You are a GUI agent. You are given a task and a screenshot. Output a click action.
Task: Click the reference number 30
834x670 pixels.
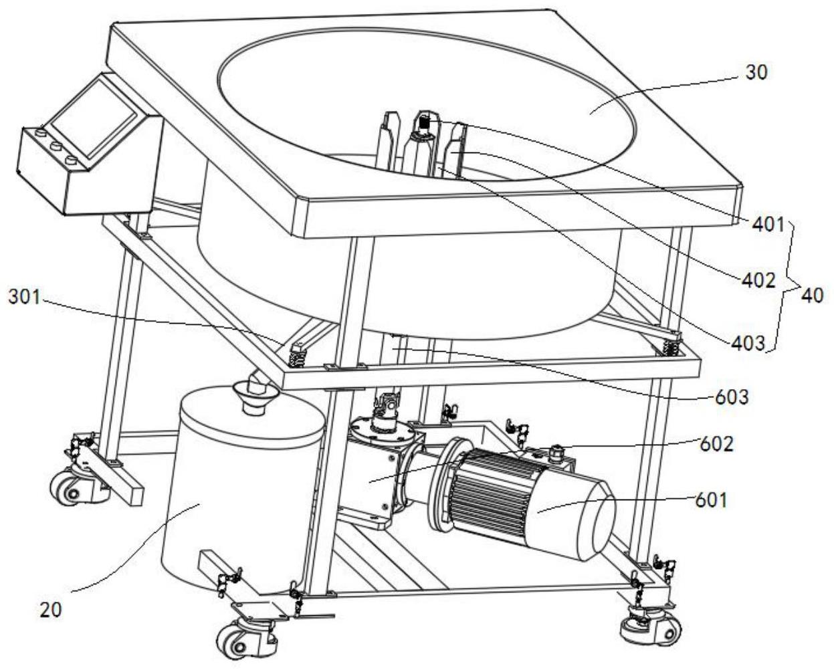(756, 72)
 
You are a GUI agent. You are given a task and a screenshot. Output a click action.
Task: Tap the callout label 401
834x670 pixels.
(768, 224)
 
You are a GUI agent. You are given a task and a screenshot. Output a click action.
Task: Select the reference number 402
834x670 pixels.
(758, 280)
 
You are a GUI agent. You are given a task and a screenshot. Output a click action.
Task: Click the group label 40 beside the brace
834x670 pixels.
(812, 296)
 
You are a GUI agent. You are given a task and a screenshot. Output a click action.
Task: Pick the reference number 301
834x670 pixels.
(25, 297)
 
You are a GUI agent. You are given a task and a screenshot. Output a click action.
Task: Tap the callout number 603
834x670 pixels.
(732, 397)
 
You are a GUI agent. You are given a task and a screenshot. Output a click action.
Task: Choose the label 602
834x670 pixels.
(716, 444)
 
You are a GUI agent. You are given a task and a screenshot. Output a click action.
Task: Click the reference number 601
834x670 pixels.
(711, 501)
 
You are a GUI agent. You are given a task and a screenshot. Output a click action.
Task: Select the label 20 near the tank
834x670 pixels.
(51, 610)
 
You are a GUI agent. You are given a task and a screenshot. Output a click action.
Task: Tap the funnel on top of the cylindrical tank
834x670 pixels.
(255, 396)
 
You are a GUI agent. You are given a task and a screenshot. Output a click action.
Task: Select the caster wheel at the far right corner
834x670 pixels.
(651, 629)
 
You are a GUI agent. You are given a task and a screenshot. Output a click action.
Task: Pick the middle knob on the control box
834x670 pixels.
(56, 146)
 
